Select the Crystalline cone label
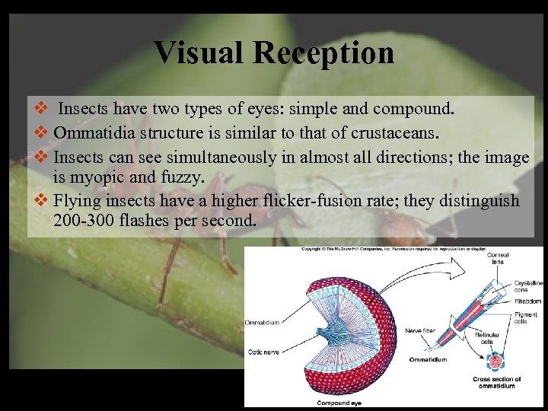[527, 286]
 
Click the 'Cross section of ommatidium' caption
[496, 382]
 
